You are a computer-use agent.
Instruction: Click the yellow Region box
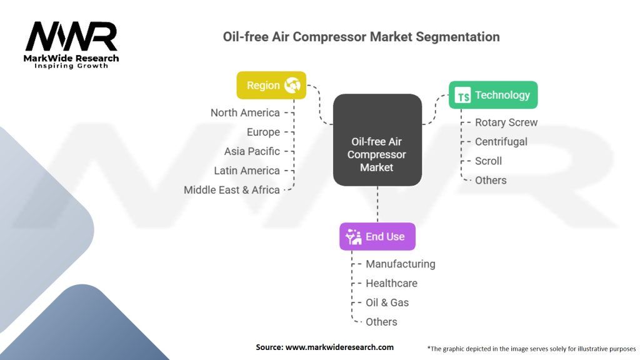(x=271, y=85)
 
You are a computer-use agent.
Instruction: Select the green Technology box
(x=492, y=95)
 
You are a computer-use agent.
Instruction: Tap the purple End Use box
(x=377, y=236)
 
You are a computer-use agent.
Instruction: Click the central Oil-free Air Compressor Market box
(x=377, y=140)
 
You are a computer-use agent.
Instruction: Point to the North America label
(x=245, y=112)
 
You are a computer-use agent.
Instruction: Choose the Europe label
(x=263, y=132)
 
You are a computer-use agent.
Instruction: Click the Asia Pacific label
(x=252, y=151)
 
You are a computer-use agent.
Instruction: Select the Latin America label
(x=247, y=171)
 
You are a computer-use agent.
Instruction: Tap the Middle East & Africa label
(x=232, y=190)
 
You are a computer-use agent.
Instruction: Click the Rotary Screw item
(x=506, y=122)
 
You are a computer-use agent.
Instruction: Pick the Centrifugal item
(x=501, y=142)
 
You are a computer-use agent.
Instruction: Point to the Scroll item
(x=488, y=161)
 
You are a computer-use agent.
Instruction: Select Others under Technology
(x=491, y=181)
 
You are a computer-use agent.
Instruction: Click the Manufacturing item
(x=400, y=264)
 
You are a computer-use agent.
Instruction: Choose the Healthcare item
(x=391, y=283)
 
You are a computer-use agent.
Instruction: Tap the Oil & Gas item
(x=387, y=302)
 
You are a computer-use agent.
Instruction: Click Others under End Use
(x=381, y=322)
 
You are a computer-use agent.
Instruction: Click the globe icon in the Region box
(x=292, y=85)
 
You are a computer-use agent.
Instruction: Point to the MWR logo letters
(x=71, y=37)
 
